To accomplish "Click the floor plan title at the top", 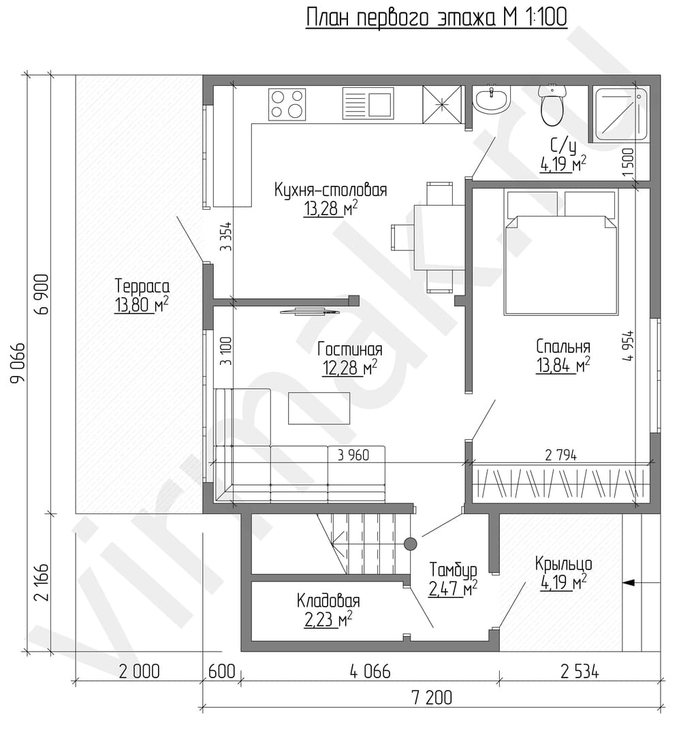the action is [x=436, y=17].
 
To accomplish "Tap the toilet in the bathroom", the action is [x=552, y=105].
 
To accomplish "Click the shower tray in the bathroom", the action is [x=620, y=114].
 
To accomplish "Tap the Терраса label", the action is [x=142, y=285].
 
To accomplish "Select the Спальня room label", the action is [x=563, y=347].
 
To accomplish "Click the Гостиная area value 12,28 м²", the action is [x=349, y=367].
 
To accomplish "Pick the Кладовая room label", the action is [x=328, y=601].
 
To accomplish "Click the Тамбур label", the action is [x=453, y=570].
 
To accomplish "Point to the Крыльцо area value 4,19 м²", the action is [x=563, y=582].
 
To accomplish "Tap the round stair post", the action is [x=410, y=543].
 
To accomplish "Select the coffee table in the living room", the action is [x=319, y=408].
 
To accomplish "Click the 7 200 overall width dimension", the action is [x=432, y=697].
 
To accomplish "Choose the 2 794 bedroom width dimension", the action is [x=560, y=455].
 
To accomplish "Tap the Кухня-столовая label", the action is [x=330, y=190].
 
